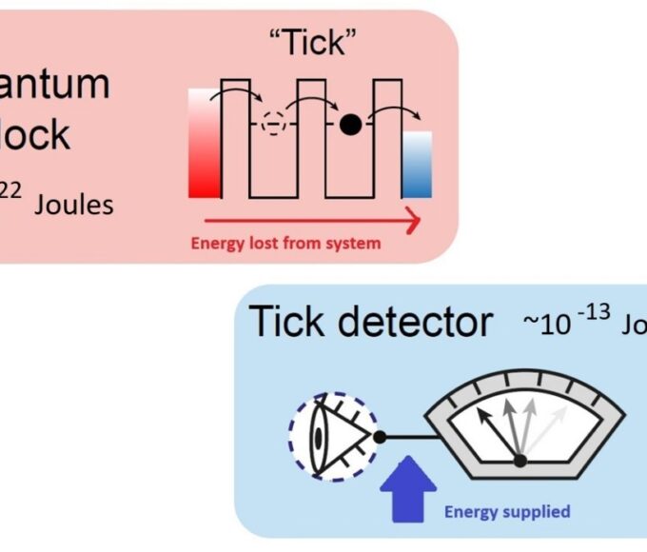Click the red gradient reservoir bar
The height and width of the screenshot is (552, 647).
click(x=205, y=143)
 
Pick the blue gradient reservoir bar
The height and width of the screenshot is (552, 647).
click(x=416, y=164)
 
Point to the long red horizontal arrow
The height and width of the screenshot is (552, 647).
click(x=304, y=222)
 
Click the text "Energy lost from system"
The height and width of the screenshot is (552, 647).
click(x=285, y=243)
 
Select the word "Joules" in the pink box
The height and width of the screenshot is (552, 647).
click(x=74, y=204)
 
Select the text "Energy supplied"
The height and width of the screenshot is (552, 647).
click(x=507, y=512)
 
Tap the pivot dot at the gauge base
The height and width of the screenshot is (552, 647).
click(x=520, y=462)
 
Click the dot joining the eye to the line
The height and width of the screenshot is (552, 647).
click(x=380, y=438)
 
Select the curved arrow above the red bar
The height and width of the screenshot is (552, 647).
click(x=228, y=97)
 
